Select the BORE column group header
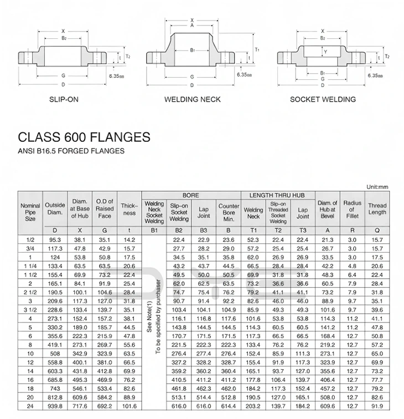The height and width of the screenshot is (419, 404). (x=191, y=195)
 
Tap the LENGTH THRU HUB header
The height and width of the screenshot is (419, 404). (x=277, y=195)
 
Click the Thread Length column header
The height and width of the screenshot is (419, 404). (x=377, y=209)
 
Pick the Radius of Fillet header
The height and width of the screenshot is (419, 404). (x=352, y=209)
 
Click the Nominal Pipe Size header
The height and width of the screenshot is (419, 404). (x=30, y=212)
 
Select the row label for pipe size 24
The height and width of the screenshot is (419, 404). (x=30, y=406)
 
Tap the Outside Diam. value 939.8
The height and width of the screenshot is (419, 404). (x=55, y=406)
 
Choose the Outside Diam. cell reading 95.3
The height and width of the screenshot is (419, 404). (x=55, y=239)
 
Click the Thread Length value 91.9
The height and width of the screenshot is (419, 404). (x=377, y=406)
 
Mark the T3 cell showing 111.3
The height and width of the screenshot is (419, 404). (x=303, y=353)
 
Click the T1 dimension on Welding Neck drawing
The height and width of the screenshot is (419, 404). (x=257, y=50)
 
